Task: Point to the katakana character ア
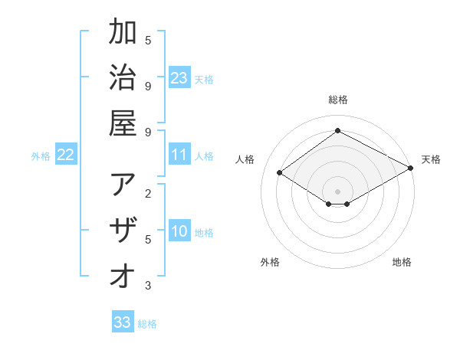123,186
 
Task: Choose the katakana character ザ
123,231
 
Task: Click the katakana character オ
123,276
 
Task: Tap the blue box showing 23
179,77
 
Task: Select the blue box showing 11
179,155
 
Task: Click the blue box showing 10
179,232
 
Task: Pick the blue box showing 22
66,155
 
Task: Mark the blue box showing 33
123,322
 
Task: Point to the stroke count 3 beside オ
148,286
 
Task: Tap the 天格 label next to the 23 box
204,79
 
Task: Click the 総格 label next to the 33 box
147,324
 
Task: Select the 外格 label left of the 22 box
41,156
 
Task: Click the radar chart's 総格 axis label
338,100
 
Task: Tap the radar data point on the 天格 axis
411,169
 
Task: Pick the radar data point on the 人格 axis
280,173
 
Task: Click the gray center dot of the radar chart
338,191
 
